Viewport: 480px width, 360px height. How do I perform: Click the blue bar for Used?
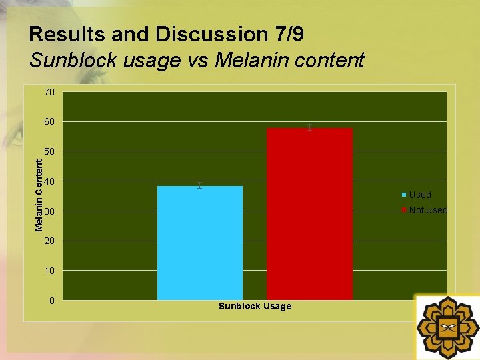(200, 243)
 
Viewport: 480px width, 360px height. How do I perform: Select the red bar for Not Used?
(309, 213)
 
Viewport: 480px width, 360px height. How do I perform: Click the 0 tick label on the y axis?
(51, 301)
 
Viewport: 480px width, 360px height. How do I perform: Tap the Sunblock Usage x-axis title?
(255, 306)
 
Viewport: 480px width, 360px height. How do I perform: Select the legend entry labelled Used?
(419, 195)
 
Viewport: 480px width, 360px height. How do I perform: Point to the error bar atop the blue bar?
(199, 185)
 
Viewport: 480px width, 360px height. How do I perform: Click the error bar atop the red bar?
(309, 127)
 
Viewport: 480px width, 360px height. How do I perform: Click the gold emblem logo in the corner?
(448, 327)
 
